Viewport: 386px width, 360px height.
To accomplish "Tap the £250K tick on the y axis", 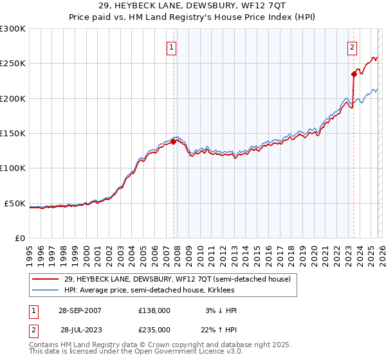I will pyautogui.click(x=13, y=64).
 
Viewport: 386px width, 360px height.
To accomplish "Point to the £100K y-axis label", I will pyautogui.click(x=13, y=168).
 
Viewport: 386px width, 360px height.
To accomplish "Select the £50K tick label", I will pyautogui.click(x=15, y=203).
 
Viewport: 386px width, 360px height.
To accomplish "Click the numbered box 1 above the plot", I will pyautogui.click(x=172, y=47).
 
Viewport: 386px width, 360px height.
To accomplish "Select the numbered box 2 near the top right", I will pyautogui.click(x=353, y=47).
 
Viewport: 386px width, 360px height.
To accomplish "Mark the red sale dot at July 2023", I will pyautogui.click(x=354, y=75).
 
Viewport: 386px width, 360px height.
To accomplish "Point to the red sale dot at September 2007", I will pyautogui.click(x=174, y=142).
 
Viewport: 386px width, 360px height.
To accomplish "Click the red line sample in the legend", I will pyautogui.click(x=45, y=279).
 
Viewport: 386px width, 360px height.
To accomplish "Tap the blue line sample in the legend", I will pyautogui.click(x=45, y=290).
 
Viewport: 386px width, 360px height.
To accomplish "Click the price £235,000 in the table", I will pyautogui.click(x=154, y=329).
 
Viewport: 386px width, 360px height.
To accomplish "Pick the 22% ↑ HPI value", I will pyautogui.click(x=219, y=329).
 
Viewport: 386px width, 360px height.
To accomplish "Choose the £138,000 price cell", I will pyautogui.click(x=154, y=310).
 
